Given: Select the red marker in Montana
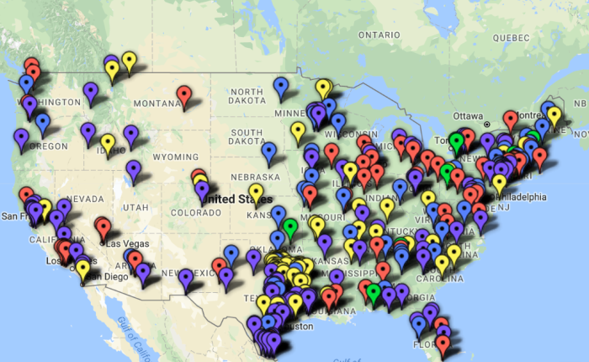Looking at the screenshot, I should [x=184, y=93].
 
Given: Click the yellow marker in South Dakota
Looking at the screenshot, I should [x=298, y=130].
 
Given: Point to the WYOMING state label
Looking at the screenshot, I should [x=175, y=157].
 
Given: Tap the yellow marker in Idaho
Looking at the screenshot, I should [x=108, y=142].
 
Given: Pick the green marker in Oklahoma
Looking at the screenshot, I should [x=290, y=226].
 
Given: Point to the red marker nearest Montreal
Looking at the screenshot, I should [x=510, y=119].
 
